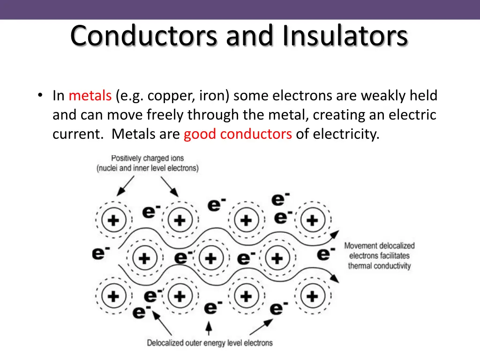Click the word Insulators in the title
[345, 35]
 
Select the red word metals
[90, 96]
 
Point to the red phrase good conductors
[238, 134]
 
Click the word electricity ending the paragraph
[346, 134]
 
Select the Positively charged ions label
[147, 158]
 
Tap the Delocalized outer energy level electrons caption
[210, 343]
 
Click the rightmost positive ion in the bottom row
[312, 296]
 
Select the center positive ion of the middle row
[211, 258]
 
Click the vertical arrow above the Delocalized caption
[209, 327]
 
